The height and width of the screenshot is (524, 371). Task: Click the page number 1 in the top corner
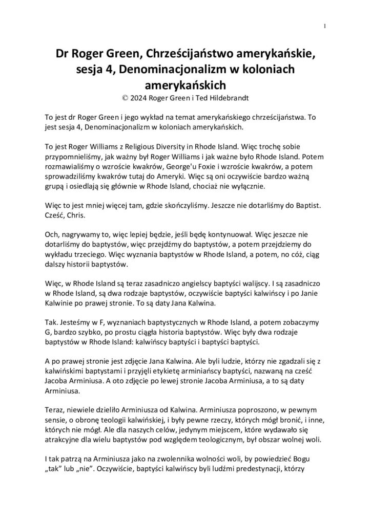325,27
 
